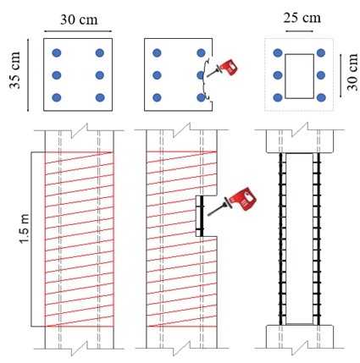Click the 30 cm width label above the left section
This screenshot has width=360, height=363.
coord(79,19)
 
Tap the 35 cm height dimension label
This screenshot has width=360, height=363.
coord(15,70)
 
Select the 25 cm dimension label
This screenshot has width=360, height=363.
coord(302,18)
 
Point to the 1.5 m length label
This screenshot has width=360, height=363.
coord(25,228)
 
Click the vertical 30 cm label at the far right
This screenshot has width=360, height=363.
coord(352,72)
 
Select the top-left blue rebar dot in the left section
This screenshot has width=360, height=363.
coord(57,52)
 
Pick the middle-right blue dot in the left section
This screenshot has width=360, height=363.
coord(100,75)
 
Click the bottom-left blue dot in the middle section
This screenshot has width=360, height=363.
coord(157,97)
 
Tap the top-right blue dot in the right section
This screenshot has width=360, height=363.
coord(321,52)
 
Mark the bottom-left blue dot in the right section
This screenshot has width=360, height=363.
coord(278,97)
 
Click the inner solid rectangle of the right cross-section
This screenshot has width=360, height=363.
coord(300,54)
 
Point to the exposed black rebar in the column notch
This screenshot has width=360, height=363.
coord(202,216)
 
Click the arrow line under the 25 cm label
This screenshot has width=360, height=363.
coord(299,31)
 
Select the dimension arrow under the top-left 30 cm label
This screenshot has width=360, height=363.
coord(78,31)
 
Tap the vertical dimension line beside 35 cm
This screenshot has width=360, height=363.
coord(28,75)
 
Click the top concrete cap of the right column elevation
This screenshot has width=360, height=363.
coord(301,142)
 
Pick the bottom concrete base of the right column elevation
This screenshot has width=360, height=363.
coord(300,337)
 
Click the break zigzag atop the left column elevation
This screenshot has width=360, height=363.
coord(80,130)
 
